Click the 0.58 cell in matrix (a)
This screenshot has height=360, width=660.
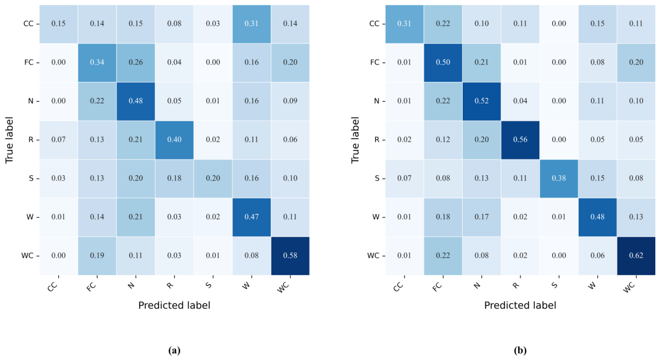(x=290, y=256)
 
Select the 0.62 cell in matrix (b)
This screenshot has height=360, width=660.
(x=636, y=256)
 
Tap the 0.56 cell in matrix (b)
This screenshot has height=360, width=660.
(x=520, y=140)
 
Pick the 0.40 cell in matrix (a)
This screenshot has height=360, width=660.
(x=174, y=140)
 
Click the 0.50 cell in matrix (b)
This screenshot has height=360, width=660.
(x=443, y=62)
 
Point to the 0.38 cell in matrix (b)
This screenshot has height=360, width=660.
(x=559, y=178)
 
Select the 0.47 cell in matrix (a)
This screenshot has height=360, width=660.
(x=252, y=217)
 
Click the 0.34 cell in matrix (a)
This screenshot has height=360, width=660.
(x=97, y=62)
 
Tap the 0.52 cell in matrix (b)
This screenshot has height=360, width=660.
(x=482, y=101)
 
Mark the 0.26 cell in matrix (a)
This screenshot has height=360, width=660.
(x=136, y=62)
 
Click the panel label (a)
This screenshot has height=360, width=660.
(x=174, y=350)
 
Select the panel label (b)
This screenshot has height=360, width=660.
(x=520, y=350)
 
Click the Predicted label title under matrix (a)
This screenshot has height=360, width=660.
(x=174, y=305)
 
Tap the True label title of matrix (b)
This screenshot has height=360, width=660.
(x=355, y=140)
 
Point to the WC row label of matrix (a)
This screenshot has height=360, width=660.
(x=27, y=256)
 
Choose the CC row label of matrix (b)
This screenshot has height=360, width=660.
(x=374, y=24)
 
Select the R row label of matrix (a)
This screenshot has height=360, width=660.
(x=31, y=140)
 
